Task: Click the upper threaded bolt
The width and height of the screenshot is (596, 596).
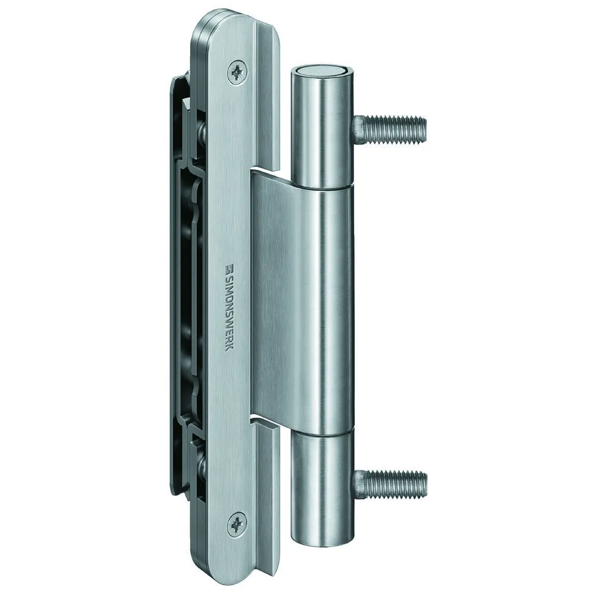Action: point(390,129)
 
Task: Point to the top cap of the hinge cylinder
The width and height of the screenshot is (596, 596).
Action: point(323,72)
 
